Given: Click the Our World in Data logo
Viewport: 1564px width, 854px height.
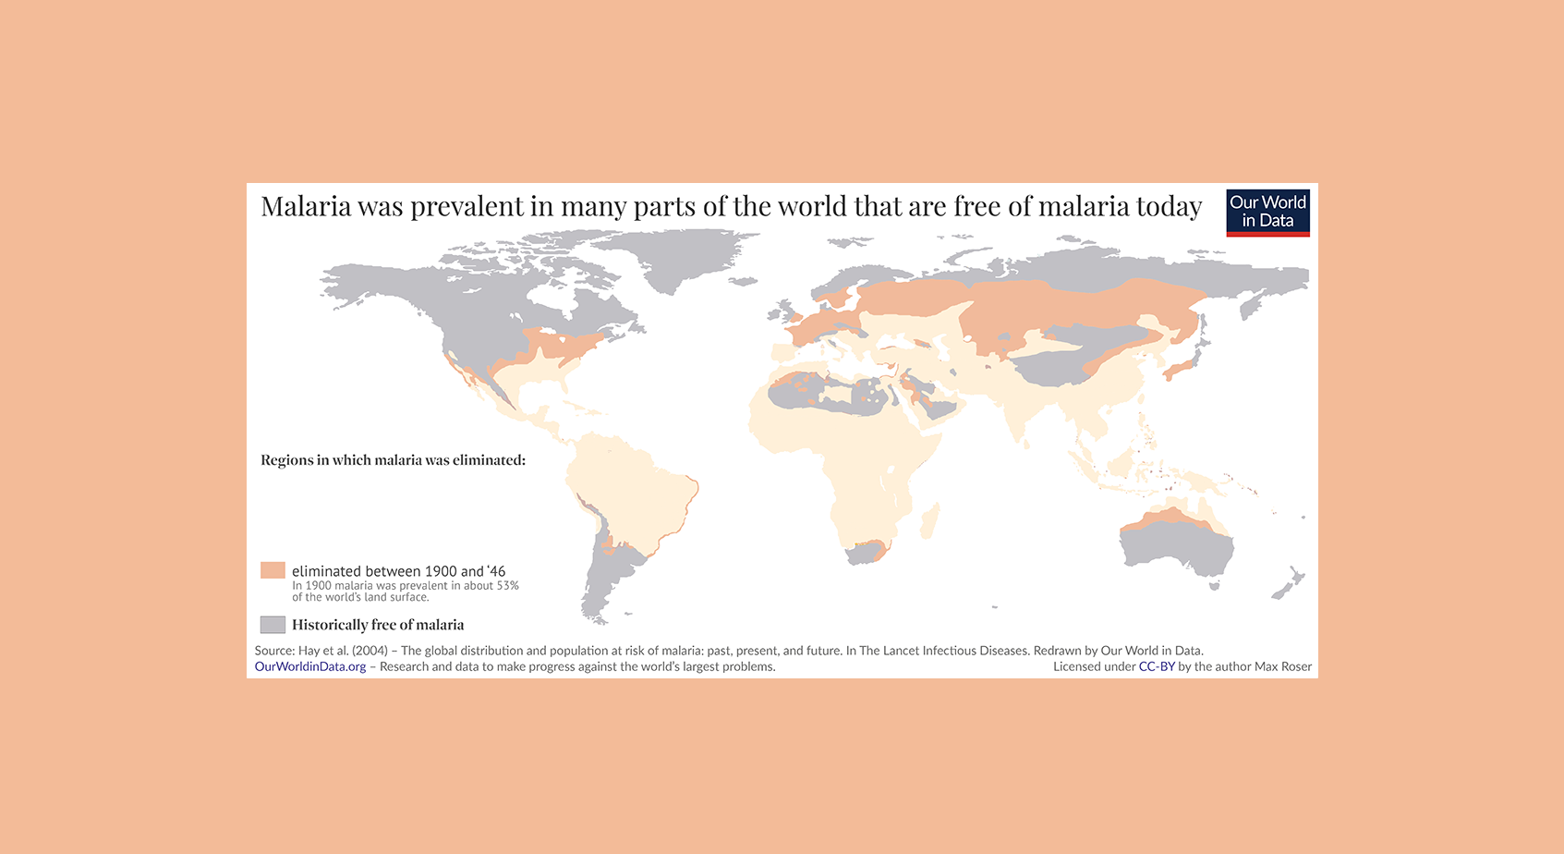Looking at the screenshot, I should (1267, 213).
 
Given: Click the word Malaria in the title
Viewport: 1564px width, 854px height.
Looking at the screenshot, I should (306, 206).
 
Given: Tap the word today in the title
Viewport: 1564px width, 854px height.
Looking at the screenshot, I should (1169, 207).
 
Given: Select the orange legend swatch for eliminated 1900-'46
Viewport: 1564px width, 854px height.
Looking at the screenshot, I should (273, 570).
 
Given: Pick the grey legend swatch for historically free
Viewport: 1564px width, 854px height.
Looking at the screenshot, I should (273, 625).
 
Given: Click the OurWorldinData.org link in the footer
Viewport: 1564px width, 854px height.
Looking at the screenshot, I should (310, 666).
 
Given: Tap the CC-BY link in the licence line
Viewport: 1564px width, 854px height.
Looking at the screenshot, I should (1157, 666).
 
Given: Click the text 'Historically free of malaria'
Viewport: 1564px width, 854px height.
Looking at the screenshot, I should (378, 625).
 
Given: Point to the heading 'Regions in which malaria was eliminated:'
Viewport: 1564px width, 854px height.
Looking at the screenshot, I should (393, 460).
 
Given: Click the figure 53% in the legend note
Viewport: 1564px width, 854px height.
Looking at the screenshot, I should (507, 585).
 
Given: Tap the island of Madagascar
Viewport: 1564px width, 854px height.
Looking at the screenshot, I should (931, 520).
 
